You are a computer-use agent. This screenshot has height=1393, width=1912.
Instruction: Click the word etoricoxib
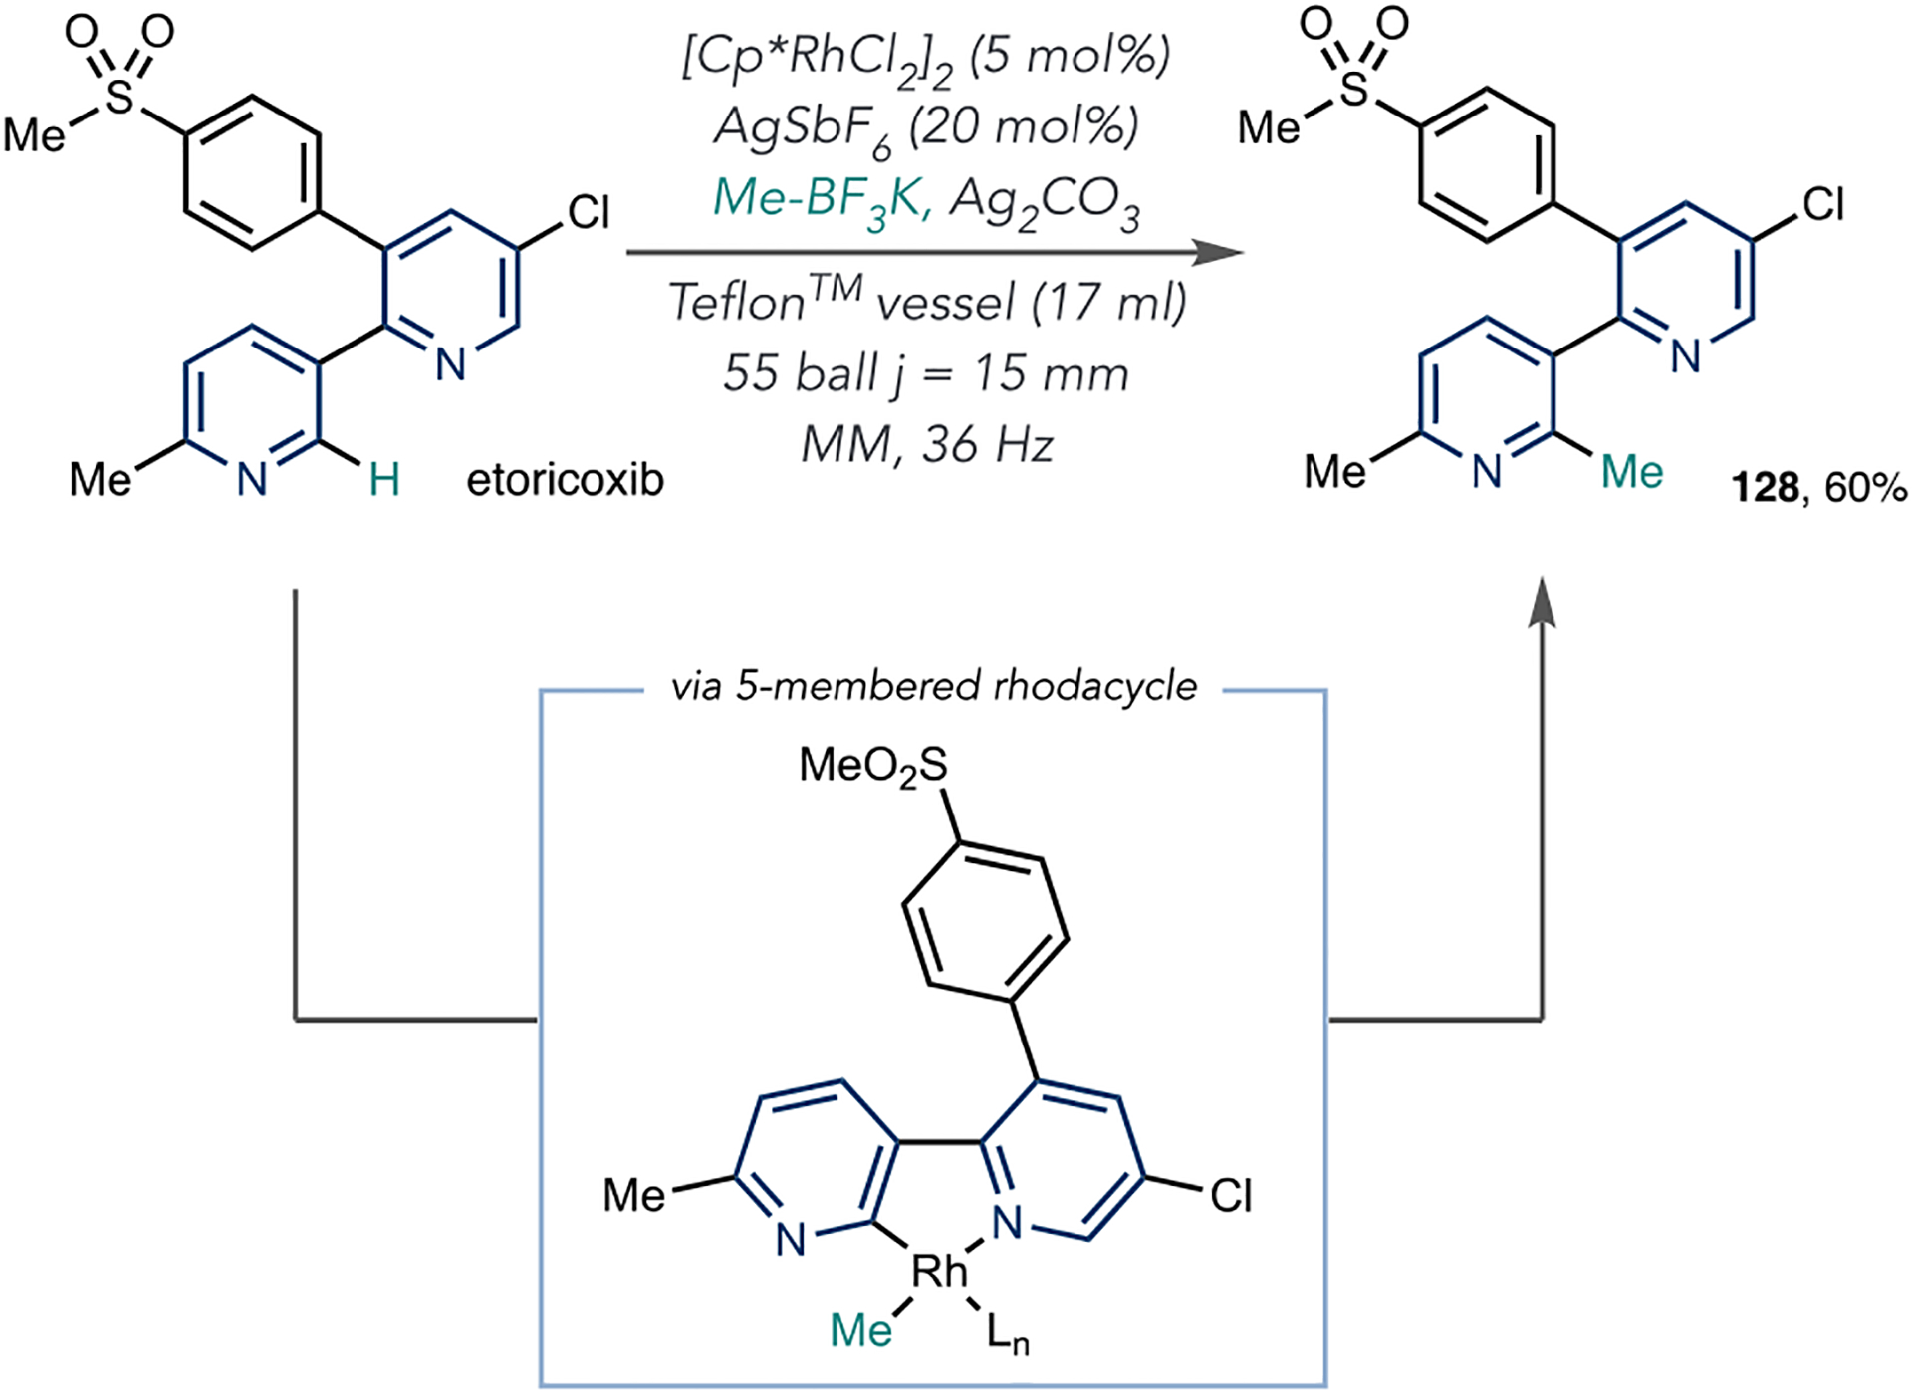[565, 481]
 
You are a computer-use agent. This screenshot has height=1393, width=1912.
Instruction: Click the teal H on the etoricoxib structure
[384, 481]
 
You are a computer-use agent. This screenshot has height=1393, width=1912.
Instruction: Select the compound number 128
[1765, 488]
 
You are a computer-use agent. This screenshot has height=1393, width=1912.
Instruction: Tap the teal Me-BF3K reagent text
[822, 200]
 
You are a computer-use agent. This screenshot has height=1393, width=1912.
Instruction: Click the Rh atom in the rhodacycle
[939, 1271]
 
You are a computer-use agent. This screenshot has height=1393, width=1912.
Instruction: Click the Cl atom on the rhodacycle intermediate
[1231, 1196]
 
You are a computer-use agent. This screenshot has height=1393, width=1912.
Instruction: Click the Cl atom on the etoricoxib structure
[589, 212]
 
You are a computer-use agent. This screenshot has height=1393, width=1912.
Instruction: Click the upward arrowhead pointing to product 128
[1542, 601]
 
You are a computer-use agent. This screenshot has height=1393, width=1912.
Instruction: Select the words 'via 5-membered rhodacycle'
[933, 686]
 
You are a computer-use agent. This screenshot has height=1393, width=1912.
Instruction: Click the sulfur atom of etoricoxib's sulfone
[119, 97]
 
